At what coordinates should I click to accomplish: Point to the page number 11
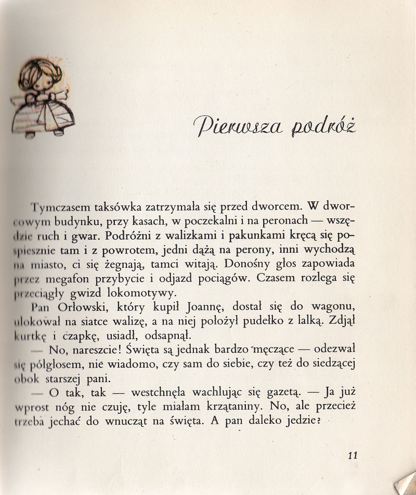click(x=353, y=455)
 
